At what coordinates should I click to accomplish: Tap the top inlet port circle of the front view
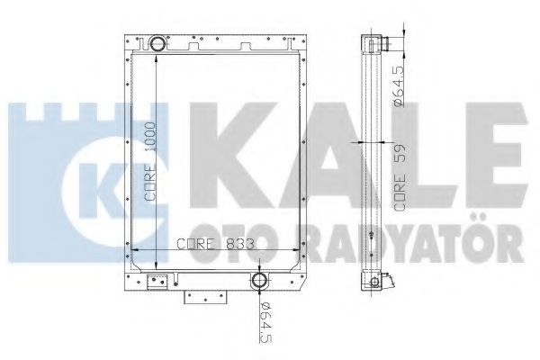(158, 42)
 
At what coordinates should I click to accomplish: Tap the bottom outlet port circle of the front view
(261, 281)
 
